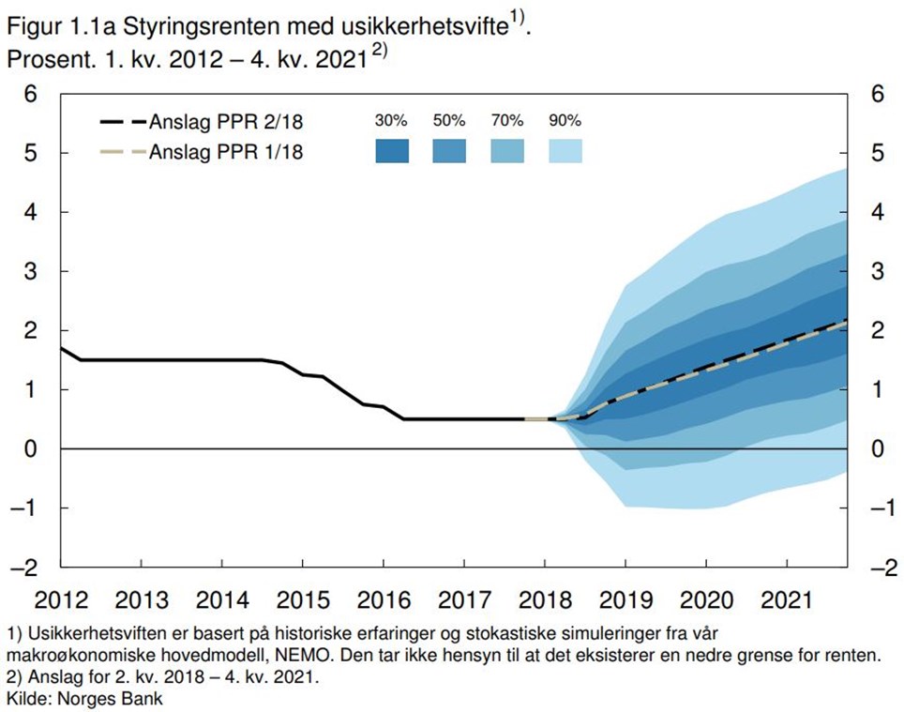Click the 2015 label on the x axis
[x=303, y=598]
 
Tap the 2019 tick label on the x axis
[x=625, y=598]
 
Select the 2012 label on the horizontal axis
[x=61, y=598]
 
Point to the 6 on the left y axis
[x=32, y=94]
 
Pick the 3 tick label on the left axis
[x=32, y=271]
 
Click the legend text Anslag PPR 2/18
[x=226, y=122]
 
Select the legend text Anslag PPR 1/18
[x=226, y=151]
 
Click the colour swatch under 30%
[x=392, y=151]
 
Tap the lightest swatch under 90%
[x=565, y=151]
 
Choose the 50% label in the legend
[x=448, y=121]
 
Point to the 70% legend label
[x=507, y=121]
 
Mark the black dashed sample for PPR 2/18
[x=122, y=122]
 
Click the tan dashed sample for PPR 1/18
[x=122, y=151]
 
